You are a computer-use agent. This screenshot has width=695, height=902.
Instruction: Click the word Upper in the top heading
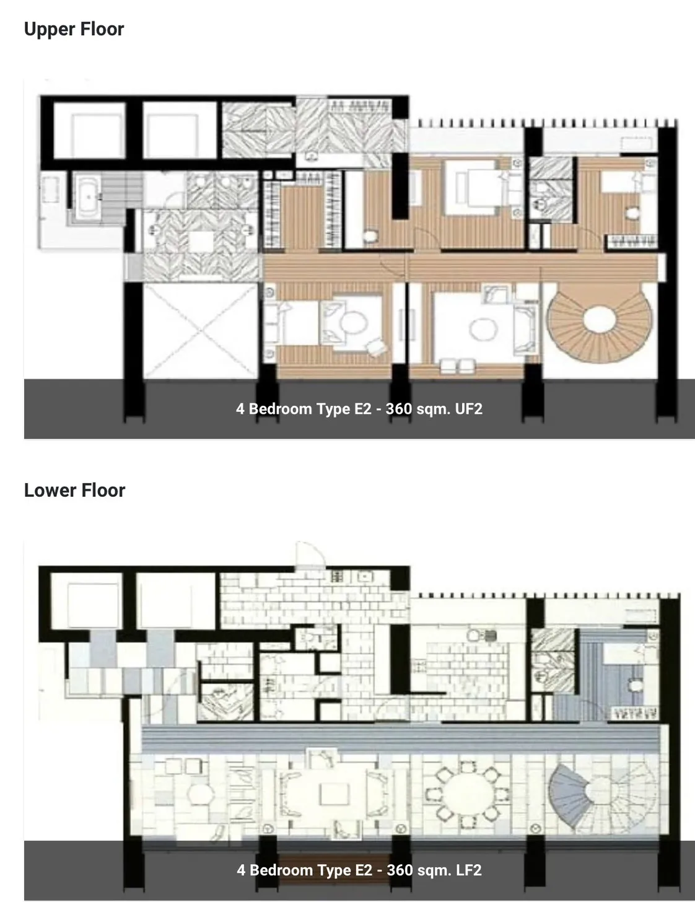click(x=49, y=30)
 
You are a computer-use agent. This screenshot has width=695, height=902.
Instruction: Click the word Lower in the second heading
click(x=50, y=490)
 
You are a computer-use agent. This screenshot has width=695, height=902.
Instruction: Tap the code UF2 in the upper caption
click(x=468, y=409)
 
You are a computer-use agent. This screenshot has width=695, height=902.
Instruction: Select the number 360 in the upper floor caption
click(x=399, y=409)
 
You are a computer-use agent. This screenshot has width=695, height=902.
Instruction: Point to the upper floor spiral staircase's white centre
click(x=599, y=319)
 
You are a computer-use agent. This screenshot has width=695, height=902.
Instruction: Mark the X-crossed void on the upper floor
click(x=200, y=331)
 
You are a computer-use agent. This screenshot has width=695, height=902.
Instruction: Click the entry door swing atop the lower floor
click(x=310, y=554)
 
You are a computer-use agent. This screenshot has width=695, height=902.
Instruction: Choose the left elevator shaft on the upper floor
click(x=90, y=130)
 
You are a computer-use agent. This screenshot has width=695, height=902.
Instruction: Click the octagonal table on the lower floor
click(x=201, y=794)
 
